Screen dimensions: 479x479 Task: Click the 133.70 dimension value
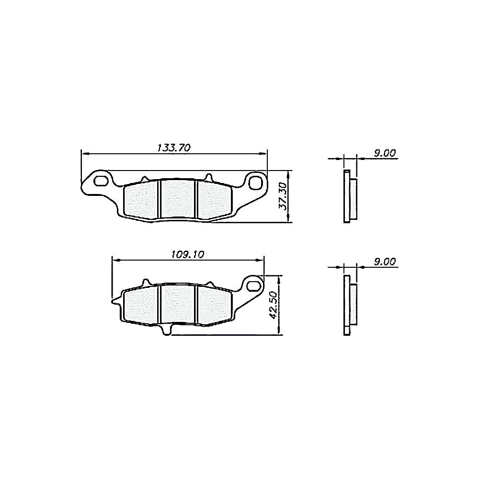174,148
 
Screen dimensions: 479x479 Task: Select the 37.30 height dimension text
283,196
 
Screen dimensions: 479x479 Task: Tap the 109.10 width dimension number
188,254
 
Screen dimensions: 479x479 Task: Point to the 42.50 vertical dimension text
274,305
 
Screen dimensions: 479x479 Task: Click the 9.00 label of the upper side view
385,153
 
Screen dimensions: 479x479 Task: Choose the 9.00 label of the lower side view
385,262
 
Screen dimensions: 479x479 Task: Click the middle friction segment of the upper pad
178,199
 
